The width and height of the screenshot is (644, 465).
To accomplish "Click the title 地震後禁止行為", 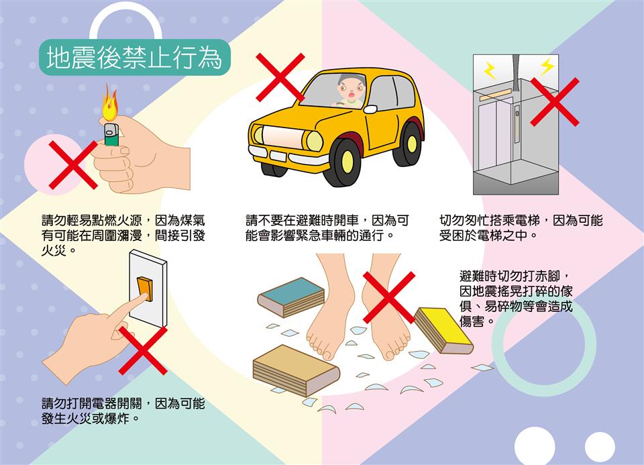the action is tap(134, 57).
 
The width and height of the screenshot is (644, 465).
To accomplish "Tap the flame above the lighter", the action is tap(110, 103).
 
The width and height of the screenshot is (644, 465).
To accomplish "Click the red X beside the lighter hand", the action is tap(73, 164).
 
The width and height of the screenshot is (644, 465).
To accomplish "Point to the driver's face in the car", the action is tap(350, 89).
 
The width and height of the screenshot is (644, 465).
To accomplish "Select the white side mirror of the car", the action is tap(370, 109).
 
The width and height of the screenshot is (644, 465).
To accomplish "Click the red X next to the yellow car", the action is tap(280, 77).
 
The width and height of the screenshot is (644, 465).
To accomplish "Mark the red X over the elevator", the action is tap(555, 102).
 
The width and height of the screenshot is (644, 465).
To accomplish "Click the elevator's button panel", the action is tap(517, 123).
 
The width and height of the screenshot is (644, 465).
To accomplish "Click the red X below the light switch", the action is tap(143, 350).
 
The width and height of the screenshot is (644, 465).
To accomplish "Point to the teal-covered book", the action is tap(291, 297).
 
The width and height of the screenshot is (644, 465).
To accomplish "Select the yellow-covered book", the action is tap(443, 330).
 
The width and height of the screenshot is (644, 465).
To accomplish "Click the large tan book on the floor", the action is tap(296, 370).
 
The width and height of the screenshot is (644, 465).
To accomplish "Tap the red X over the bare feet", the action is tap(389, 297).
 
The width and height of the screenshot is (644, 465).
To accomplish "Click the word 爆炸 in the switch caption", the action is tap(117, 419).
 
